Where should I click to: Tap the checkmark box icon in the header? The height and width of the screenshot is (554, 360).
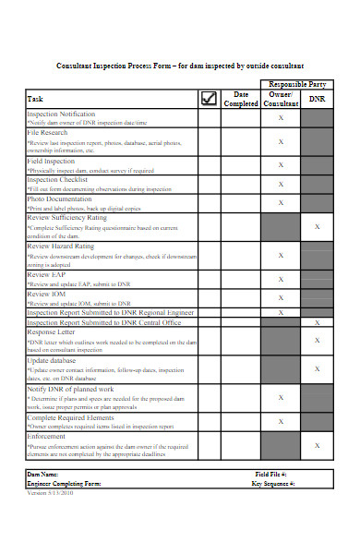209,99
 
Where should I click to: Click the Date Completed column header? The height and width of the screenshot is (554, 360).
241,99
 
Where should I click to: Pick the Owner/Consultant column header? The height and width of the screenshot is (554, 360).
281,99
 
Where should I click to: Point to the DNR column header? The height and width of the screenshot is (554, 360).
317,99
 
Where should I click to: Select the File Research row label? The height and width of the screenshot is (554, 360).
47,133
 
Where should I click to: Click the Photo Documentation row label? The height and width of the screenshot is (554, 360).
60,199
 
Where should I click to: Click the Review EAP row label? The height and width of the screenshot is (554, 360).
45,274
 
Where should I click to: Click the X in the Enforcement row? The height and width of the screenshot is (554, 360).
318,445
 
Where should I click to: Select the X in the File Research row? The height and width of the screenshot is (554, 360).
281,142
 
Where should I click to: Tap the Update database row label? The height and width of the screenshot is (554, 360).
54,360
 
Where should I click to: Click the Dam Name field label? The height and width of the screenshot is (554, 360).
47,473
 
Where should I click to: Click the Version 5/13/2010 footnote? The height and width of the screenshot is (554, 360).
51,492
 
